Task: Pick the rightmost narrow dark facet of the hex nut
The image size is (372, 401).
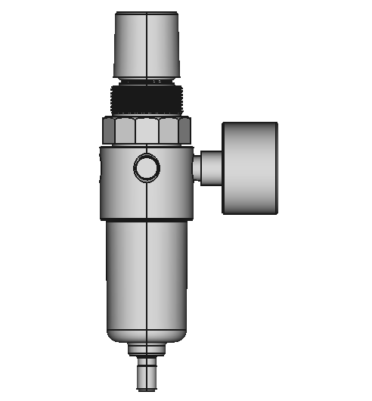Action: click(186, 132)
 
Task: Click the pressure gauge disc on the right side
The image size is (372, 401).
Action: click(250, 167)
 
